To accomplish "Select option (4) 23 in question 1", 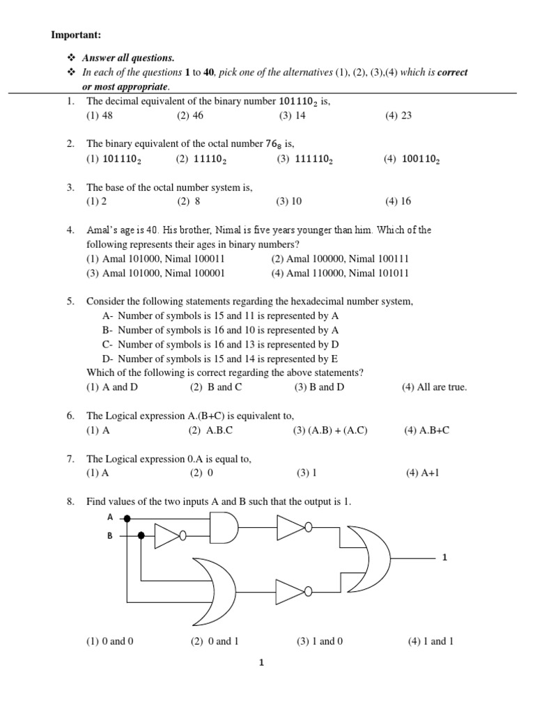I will pos(398,116).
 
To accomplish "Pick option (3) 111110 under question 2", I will pos(304,159).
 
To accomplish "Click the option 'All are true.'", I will pos(434,387).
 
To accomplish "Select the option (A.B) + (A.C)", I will pos(329,430).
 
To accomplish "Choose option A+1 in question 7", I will pos(423,473).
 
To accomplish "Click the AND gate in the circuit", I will pos(224,528).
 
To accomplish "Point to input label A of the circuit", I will pos(110,517).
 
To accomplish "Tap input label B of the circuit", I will pos(110,536).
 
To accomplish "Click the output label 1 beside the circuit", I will pos(444,557).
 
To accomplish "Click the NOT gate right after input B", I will pos(169,536).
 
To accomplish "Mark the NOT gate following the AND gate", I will pos(293,528).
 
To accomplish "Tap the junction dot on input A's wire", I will pos(127,518).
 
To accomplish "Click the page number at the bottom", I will pos(261,663).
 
